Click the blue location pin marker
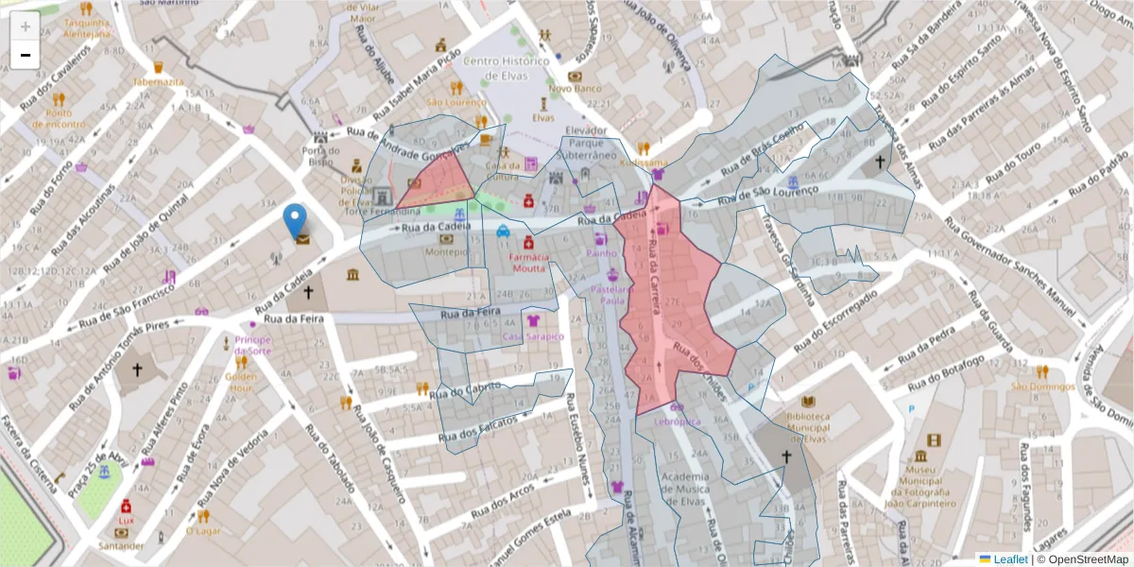(296, 221)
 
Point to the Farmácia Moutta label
(528, 262)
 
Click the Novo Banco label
(575, 89)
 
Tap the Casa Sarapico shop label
(533, 336)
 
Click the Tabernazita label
(159, 82)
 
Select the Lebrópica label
(677, 421)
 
